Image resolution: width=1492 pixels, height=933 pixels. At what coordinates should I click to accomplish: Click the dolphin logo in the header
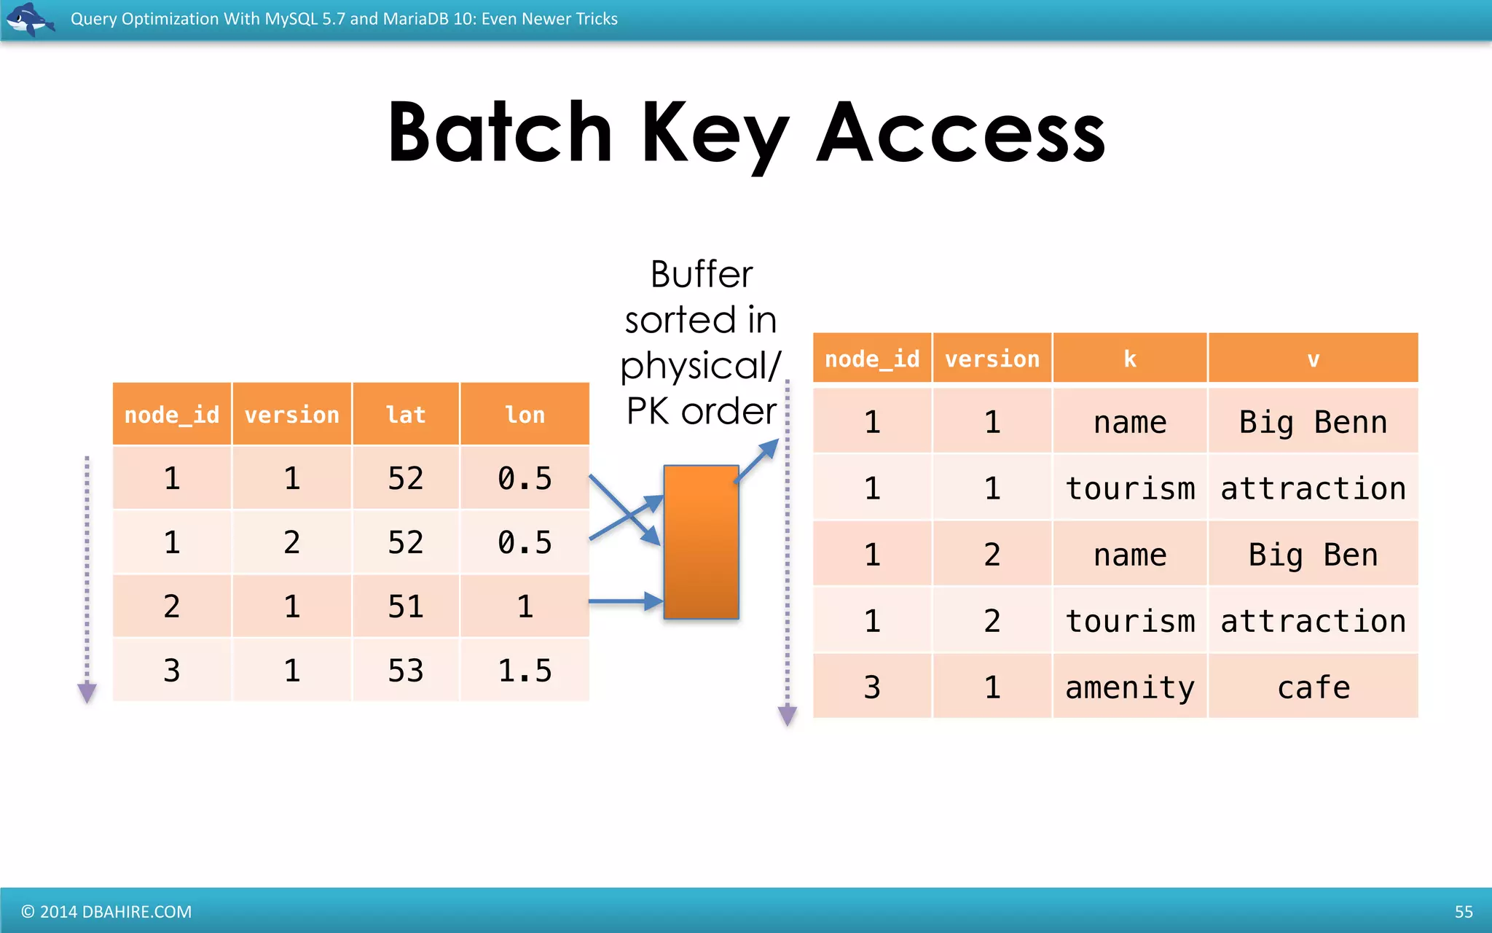[29, 19]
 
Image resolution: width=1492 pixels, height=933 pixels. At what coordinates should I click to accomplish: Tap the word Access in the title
[960, 134]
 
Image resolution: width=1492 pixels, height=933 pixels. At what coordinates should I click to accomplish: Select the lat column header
[406, 415]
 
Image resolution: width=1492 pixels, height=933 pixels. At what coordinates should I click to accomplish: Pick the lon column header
[525, 415]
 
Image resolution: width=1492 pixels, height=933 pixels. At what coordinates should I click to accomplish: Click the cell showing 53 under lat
[406, 671]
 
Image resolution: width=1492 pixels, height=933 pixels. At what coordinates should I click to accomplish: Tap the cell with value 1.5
[525, 671]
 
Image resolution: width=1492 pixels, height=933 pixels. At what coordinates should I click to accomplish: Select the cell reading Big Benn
[1313, 422]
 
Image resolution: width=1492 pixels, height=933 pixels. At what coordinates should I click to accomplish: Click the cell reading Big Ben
[1313, 555]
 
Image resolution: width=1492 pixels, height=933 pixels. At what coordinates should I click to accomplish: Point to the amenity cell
[1130, 687]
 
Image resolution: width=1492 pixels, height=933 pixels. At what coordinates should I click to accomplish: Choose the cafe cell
[1313, 687]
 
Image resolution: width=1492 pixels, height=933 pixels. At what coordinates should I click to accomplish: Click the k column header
[1130, 359]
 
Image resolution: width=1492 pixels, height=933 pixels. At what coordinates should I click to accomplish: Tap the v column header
[1313, 359]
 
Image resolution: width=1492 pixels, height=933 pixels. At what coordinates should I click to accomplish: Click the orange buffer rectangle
[701, 542]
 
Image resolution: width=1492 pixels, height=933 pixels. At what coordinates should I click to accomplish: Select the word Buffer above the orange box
[701, 275]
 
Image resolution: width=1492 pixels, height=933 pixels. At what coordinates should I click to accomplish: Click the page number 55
[1463, 912]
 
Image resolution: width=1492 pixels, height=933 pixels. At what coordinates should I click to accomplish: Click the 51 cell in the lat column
[406, 606]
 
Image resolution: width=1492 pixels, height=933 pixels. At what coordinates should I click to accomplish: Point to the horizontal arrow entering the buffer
[623, 601]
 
